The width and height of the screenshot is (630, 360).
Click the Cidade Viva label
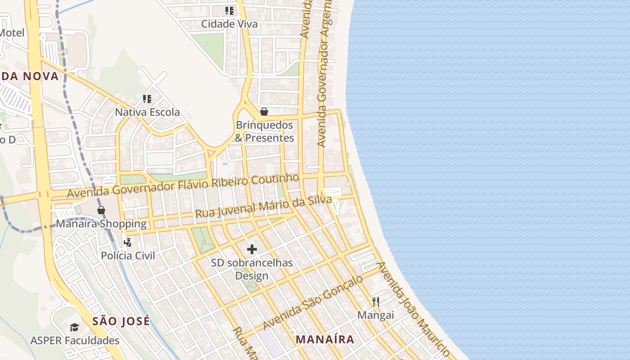point(229,24)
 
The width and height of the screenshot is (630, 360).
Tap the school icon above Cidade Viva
point(229,10)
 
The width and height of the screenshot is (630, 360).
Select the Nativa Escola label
point(147,112)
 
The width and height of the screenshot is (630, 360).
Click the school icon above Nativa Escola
point(147,99)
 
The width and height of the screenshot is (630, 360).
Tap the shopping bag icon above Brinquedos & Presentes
point(264,112)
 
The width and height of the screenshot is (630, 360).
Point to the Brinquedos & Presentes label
point(264,131)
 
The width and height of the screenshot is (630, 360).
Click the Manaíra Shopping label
point(101,224)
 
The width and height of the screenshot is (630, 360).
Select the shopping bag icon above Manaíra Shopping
point(101,210)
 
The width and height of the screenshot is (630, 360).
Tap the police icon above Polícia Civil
point(128,242)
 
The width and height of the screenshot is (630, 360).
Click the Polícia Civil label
point(128,256)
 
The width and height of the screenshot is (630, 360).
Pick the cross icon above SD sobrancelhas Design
point(252,249)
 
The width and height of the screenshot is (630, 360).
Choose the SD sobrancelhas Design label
point(252,269)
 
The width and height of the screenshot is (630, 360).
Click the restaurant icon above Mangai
point(376,301)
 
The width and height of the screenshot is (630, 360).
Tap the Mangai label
point(376,315)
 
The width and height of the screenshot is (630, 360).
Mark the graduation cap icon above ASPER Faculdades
point(75,327)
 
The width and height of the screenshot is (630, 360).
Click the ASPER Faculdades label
point(75,341)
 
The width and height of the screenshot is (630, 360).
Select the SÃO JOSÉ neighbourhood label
point(121,321)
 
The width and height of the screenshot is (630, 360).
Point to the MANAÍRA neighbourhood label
point(325,339)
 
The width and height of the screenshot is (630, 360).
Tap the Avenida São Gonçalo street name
point(313,302)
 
